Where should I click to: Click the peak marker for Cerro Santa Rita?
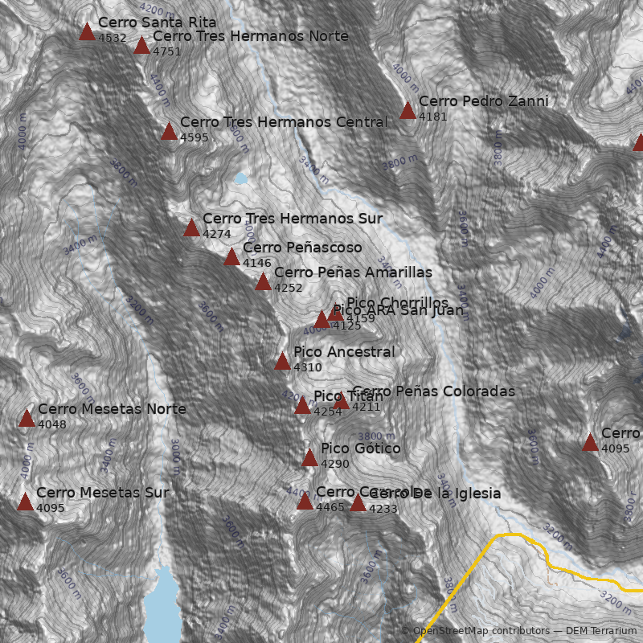coord(87,32)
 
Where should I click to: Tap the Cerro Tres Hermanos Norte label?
coord(250,36)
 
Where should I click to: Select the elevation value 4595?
coord(194,137)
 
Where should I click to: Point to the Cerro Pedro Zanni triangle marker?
coord(408,111)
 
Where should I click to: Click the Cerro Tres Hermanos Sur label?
coord(292,219)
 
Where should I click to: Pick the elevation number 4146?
coord(256,264)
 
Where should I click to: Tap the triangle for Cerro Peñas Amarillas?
coord(263,282)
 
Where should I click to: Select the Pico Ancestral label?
coord(344,352)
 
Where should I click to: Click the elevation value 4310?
coord(307,367)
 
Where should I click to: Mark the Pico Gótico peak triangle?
coord(309,458)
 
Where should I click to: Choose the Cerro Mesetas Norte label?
coord(112,409)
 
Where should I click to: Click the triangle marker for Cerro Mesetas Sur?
coord(25,502)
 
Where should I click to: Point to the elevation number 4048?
coord(52,424)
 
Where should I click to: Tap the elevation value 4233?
coord(383,509)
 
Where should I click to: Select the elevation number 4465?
coord(330,507)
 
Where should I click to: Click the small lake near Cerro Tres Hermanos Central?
coord(241,178)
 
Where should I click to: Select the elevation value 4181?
coord(432,117)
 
